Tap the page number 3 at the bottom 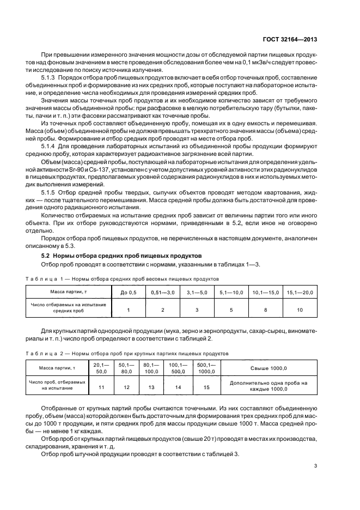pos(315,465)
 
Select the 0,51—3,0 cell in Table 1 pos(163,293)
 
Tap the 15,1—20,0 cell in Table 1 pos(300,293)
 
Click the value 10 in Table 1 pos(300,309)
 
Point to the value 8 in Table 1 pos(266,309)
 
